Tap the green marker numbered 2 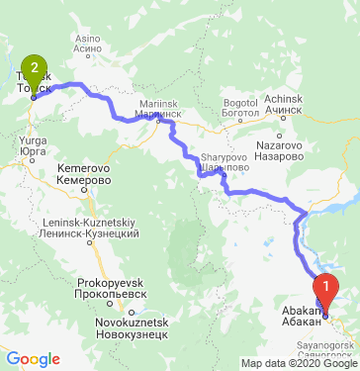pos(35,71)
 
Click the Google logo pos(32,359)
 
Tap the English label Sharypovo pos(224,156)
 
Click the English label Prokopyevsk pos(113,281)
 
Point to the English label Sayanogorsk pos(331,346)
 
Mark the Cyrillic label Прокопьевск pos(113,294)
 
